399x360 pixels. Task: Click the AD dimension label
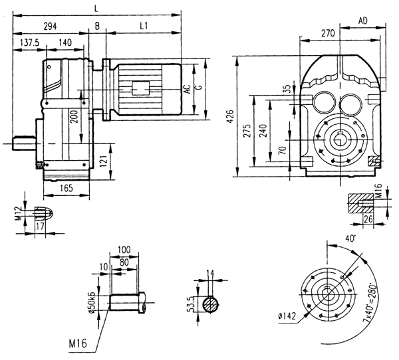point(363,21)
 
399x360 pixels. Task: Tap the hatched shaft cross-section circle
point(211,305)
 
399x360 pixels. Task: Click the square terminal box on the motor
point(142,88)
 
